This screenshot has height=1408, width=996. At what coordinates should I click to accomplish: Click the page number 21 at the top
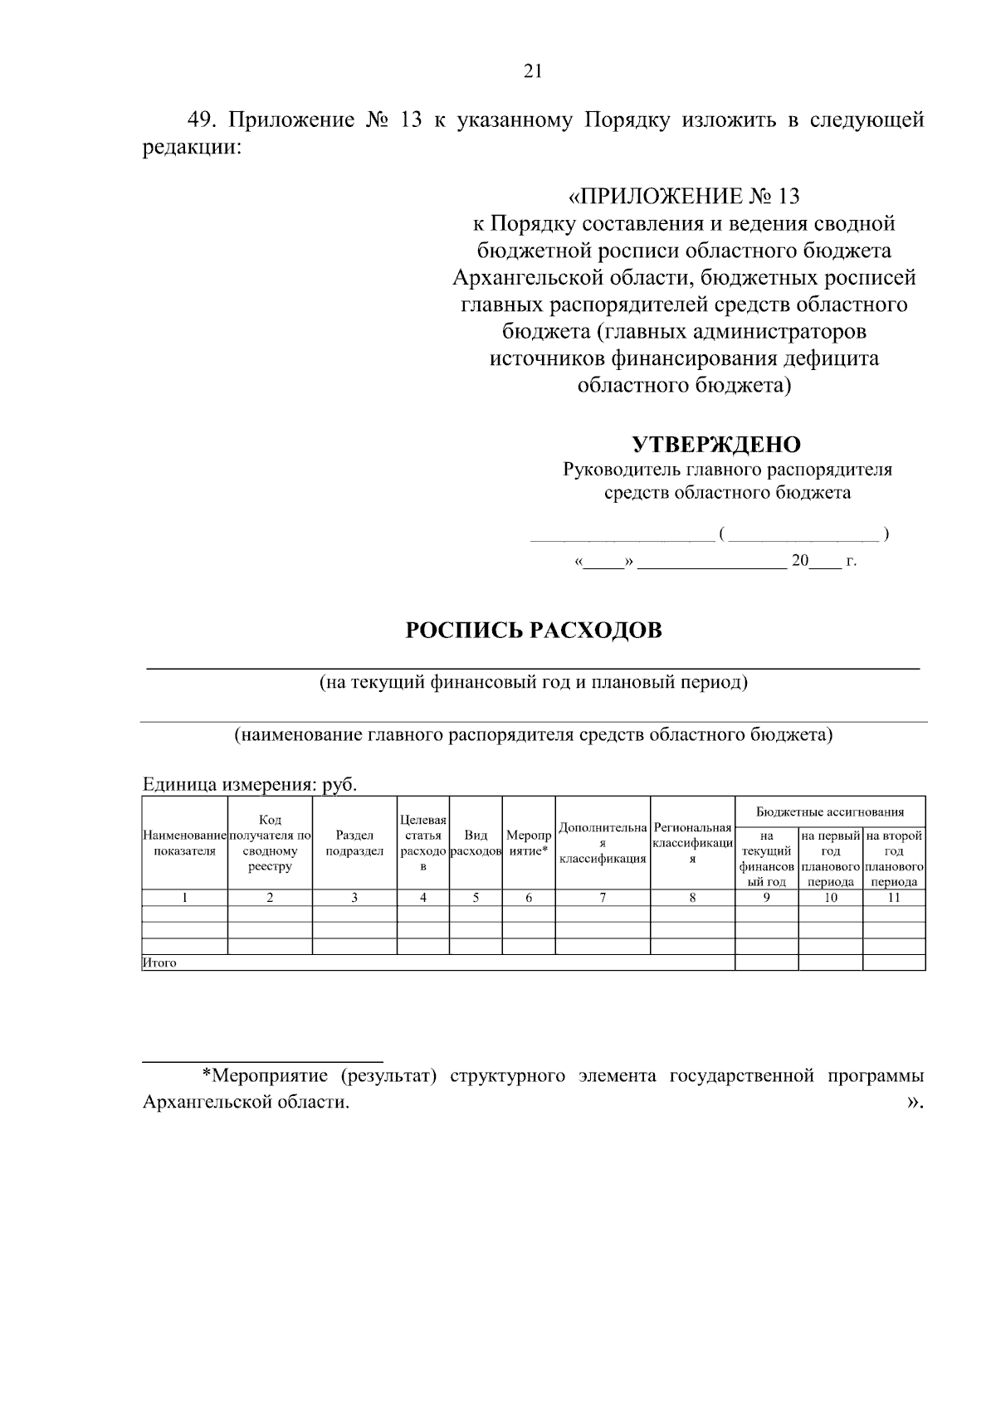tap(533, 71)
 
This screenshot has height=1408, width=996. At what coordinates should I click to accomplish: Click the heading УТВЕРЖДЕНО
tap(716, 445)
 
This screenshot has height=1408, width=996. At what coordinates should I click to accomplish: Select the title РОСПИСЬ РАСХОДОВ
tap(534, 631)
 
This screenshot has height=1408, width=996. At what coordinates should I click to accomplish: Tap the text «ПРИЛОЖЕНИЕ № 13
tap(683, 197)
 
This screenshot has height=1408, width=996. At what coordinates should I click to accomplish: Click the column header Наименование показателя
tap(184, 843)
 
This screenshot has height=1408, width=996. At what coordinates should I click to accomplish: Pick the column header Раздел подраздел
tap(354, 843)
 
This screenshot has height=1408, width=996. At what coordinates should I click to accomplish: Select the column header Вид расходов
tap(476, 843)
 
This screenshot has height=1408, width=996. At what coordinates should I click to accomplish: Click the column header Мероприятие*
tap(529, 843)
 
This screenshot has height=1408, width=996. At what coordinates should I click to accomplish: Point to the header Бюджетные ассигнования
tap(830, 811)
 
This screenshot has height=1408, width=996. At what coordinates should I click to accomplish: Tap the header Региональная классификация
tap(692, 843)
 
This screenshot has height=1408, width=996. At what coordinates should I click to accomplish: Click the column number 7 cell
tap(603, 897)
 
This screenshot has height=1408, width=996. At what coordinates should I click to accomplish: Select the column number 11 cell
tap(894, 897)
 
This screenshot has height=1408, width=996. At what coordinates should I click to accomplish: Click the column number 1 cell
tap(184, 897)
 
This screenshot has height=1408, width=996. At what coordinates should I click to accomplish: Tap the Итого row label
tap(159, 963)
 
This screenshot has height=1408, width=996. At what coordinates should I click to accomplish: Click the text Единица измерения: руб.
tap(250, 785)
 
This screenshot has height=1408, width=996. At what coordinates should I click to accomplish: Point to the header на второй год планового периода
tap(894, 859)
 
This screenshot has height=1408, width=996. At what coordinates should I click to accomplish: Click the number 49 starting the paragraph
tap(200, 120)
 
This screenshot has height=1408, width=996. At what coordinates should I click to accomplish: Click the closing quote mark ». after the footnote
tap(915, 1103)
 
